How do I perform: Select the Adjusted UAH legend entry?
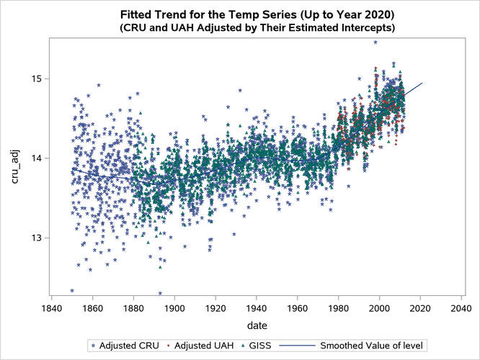(x=204, y=346)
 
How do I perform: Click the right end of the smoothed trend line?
(x=422, y=83)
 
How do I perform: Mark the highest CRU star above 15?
(x=375, y=42)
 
